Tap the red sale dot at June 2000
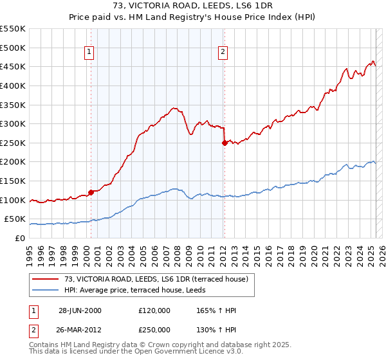pyautogui.click(x=91, y=192)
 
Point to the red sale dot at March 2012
pyautogui.click(x=225, y=143)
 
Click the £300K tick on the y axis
pyautogui.click(x=14, y=123)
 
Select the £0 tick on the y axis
pyautogui.click(x=20, y=238)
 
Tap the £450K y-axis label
pyautogui.click(x=14, y=66)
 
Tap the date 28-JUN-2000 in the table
pyautogui.click(x=80, y=310)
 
